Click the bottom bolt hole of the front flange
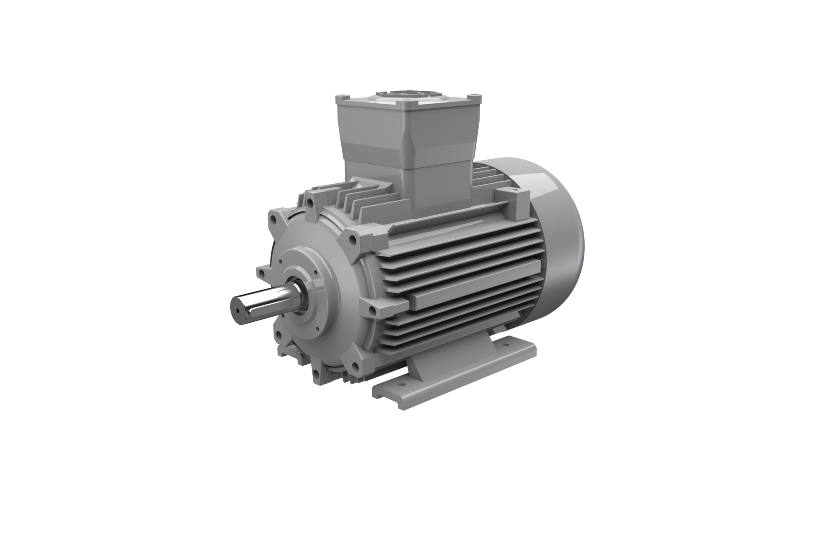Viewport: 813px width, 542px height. (317, 373)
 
